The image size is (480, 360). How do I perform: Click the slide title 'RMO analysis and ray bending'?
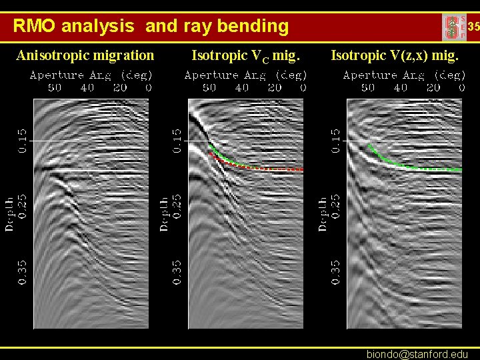pos(151,27)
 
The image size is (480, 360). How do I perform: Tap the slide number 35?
pos(473,27)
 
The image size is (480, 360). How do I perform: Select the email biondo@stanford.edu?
pos(417,354)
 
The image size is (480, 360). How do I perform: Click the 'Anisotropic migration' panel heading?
pos(85,55)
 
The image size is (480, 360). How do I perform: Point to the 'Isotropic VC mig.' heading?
pos(247,56)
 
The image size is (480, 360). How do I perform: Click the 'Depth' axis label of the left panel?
pos(10,213)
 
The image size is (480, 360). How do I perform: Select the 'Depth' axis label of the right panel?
pos(323,214)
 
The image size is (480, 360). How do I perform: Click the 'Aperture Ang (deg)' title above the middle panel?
pos(245,75)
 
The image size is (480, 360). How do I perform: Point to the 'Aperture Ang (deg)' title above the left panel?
pos(91,75)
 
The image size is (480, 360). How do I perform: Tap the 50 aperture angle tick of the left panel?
pos(54,87)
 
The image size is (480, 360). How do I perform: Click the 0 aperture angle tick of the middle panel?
pos(303,87)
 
